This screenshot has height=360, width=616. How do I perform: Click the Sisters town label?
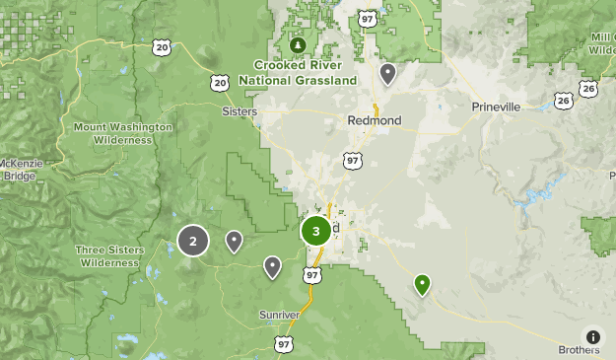click(240, 112)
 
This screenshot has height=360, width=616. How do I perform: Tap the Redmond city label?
click(375, 119)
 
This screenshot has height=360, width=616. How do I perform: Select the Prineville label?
click(495, 107)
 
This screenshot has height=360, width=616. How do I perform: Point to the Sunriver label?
click(279, 314)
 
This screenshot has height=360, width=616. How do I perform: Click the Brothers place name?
click(579, 349)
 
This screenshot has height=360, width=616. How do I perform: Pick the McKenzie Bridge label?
click(19, 170)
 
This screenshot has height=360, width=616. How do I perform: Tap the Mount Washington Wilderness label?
click(123, 133)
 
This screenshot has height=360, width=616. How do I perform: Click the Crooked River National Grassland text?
click(305, 72)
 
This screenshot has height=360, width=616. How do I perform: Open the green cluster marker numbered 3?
click(315, 232)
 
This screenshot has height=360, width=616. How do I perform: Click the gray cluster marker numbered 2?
click(193, 241)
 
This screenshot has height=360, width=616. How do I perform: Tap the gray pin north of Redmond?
click(388, 73)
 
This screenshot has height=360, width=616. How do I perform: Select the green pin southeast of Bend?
click(422, 284)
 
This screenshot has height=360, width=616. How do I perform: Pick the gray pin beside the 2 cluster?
click(235, 240)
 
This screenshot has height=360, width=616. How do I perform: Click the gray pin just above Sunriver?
click(272, 265)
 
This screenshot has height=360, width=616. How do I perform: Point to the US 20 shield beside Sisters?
click(222, 83)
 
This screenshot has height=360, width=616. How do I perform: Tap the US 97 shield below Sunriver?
click(284, 343)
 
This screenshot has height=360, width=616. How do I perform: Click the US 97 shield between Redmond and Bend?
click(353, 160)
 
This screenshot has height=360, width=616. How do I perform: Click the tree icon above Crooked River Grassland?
click(299, 45)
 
